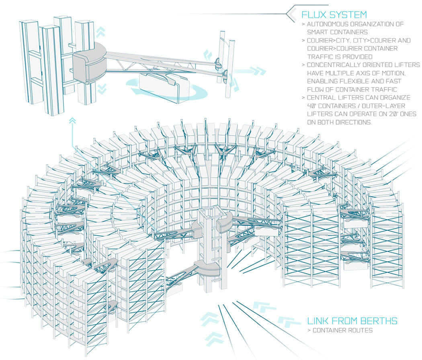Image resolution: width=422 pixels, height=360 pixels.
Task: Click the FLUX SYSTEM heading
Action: coord(334,15)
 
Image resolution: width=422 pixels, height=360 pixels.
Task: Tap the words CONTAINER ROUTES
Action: coord(342,331)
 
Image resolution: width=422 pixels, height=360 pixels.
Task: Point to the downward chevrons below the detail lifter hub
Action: coord(102,89)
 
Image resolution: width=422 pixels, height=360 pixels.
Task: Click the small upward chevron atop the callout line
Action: coord(72,119)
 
